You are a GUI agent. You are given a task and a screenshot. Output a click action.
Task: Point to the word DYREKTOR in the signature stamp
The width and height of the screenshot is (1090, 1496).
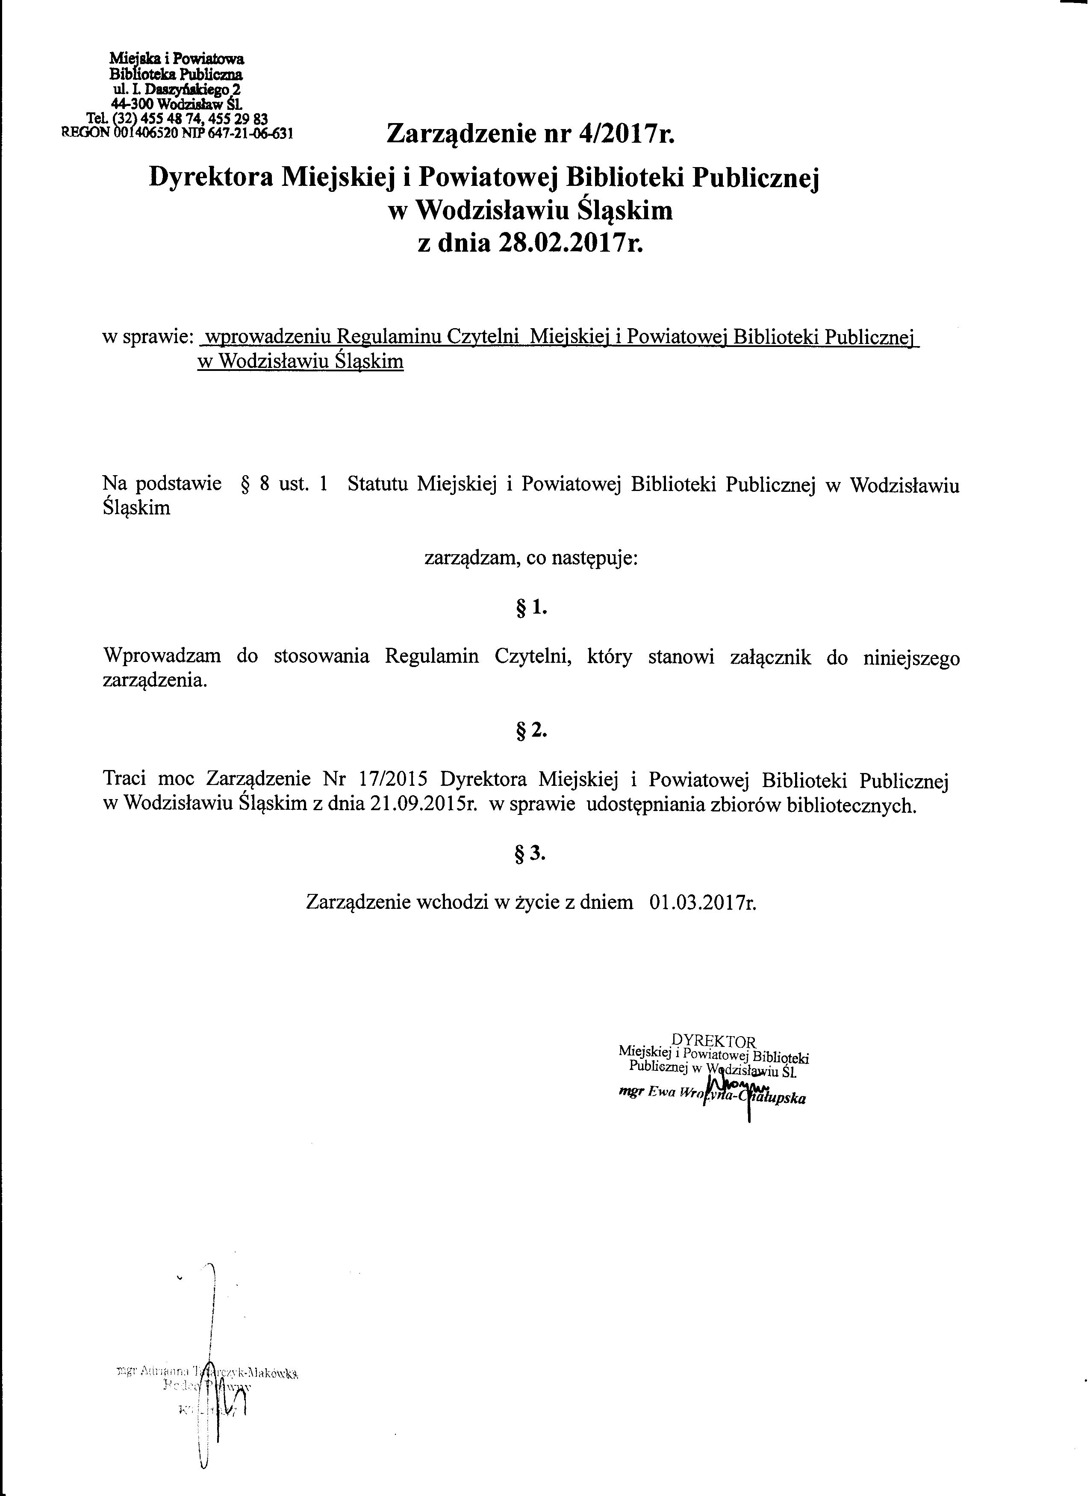[x=713, y=1041]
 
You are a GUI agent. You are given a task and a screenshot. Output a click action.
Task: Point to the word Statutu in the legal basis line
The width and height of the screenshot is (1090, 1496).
[x=377, y=485]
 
